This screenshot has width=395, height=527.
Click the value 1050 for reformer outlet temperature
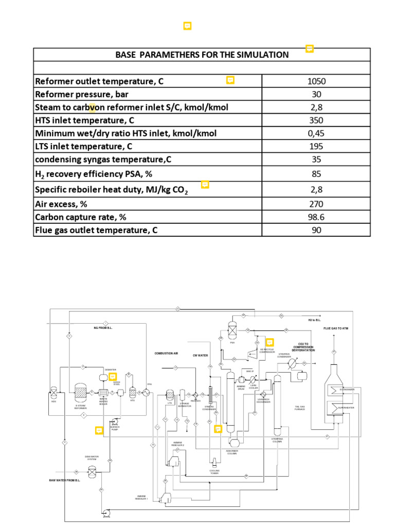tap(316, 81)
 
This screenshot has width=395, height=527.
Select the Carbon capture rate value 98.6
tap(316, 217)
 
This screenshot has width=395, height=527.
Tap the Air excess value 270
tap(316, 204)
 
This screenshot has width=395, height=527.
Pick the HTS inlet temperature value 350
tap(316, 120)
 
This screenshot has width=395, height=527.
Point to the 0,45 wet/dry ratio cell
tap(316, 133)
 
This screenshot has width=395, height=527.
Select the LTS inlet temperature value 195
tap(316, 146)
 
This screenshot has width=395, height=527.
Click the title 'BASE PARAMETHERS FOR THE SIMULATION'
tap(202, 55)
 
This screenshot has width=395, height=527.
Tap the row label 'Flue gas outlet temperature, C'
tap(96, 230)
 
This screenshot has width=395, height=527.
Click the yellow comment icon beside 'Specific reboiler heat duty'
tap(205, 184)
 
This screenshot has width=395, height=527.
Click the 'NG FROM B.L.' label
tap(103, 328)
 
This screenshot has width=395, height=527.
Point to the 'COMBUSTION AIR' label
tap(166, 354)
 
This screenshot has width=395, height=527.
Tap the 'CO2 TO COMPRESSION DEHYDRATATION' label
tap(303, 347)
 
